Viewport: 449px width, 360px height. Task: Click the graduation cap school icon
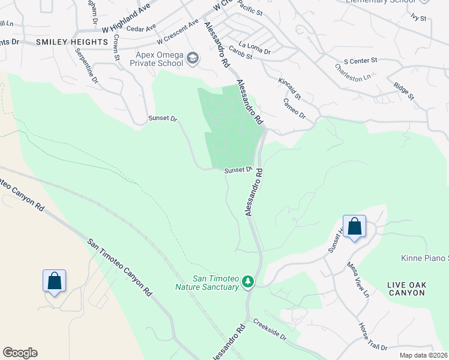[x=193, y=58]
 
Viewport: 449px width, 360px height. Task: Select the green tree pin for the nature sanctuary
[x=247, y=282]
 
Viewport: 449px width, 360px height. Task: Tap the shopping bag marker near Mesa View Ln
[x=354, y=227]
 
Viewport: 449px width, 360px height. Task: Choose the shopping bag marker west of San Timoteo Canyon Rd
[x=54, y=281]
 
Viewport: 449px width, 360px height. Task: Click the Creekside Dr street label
[x=270, y=331]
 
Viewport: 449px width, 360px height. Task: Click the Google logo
[x=20, y=353]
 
